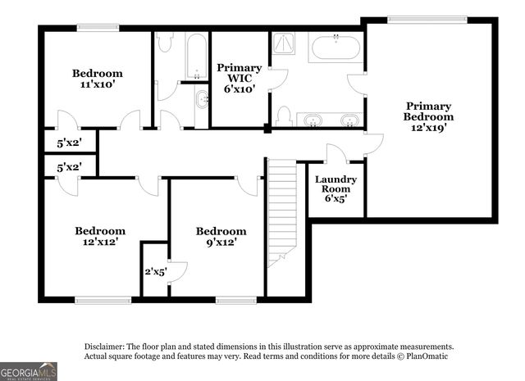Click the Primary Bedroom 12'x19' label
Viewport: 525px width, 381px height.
click(428, 116)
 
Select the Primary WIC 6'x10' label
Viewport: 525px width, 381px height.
click(239, 78)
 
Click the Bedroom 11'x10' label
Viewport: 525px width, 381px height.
click(97, 78)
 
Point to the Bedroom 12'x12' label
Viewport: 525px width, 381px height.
click(100, 237)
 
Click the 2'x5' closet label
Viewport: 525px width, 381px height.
click(155, 270)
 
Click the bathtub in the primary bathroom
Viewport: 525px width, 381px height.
click(335, 48)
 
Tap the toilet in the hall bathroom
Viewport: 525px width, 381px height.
click(164, 43)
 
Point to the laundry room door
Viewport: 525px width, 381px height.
click(336, 154)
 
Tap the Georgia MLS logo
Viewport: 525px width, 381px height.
click(29, 370)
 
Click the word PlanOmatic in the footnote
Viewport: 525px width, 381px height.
click(424, 356)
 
